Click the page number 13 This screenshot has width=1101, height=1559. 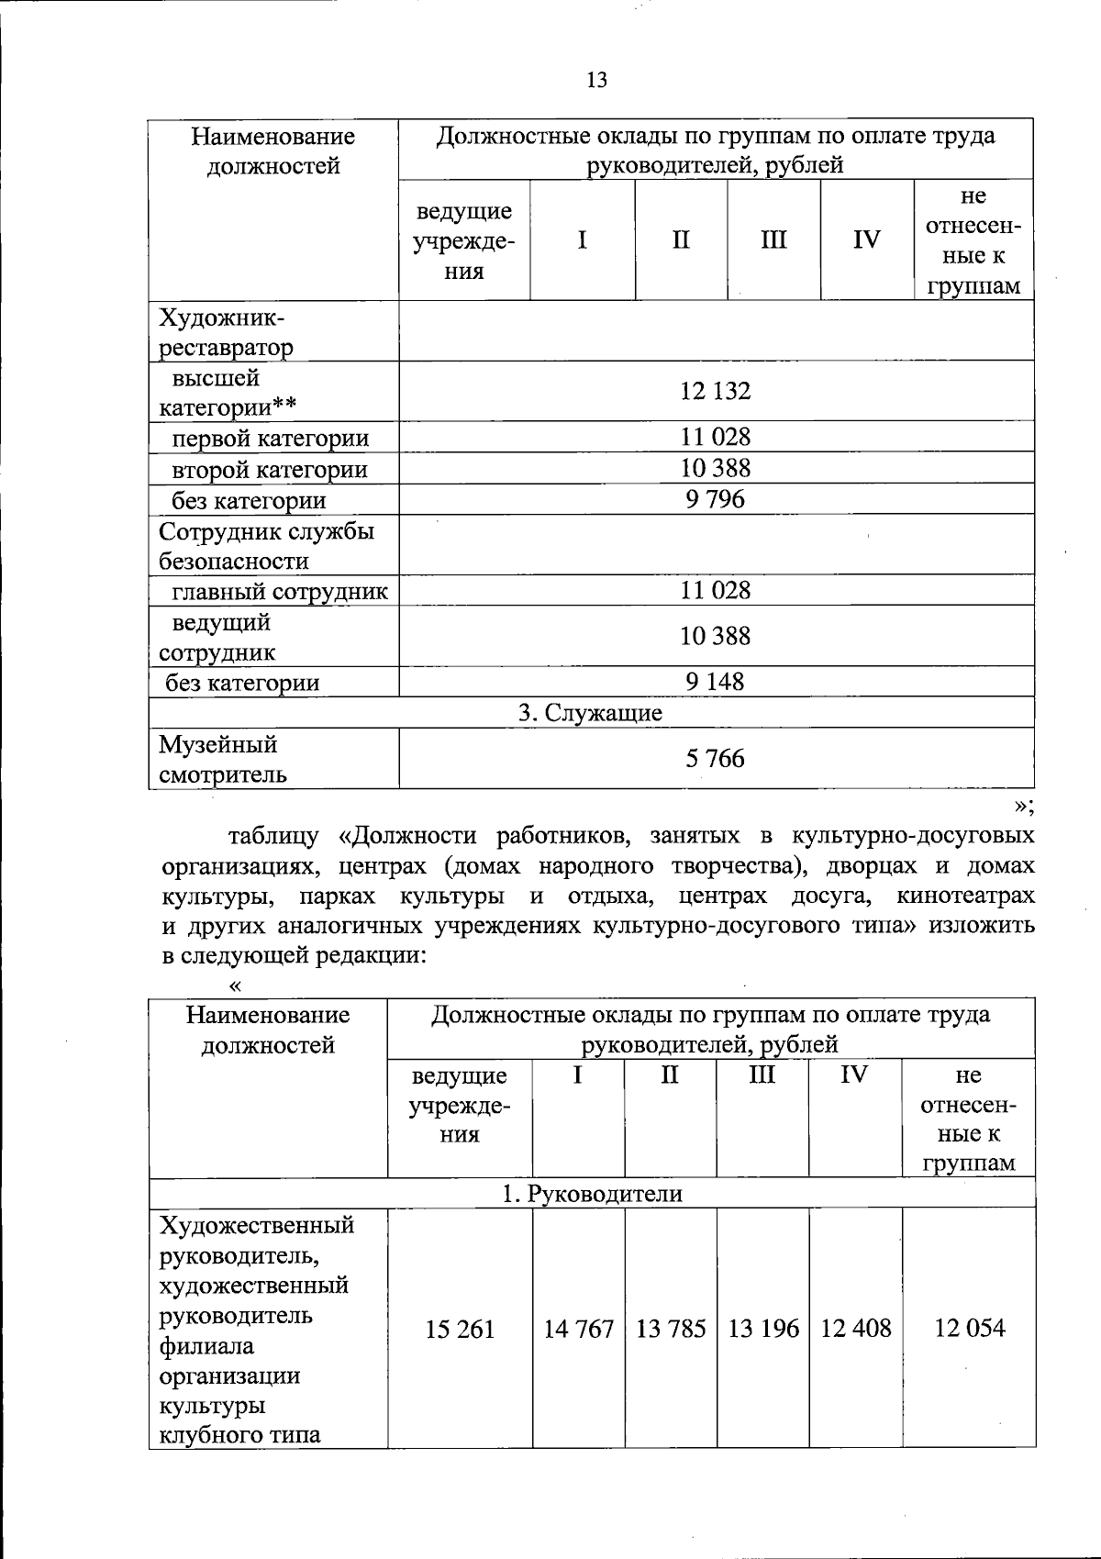tap(596, 81)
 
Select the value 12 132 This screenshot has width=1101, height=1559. tap(716, 392)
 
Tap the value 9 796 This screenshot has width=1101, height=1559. tap(716, 499)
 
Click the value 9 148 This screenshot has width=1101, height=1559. tap(716, 682)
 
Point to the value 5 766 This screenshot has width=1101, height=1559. tap(716, 759)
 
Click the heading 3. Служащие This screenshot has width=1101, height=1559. tap(591, 713)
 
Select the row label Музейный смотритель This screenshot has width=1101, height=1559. tap(223, 759)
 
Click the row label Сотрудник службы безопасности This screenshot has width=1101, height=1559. tap(266, 546)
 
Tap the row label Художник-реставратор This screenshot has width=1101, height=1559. tap(227, 333)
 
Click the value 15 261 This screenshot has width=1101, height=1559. tap(460, 1329)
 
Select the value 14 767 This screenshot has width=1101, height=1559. tap(578, 1329)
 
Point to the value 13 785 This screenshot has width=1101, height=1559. tap(671, 1329)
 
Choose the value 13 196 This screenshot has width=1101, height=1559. tap(763, 1329)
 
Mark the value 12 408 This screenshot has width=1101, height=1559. tap(856, 1329)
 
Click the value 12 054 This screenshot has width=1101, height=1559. tap(969, 1329)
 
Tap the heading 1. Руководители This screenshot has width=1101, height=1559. tap(592, 1194)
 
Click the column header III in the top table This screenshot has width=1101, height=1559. tap(773, 240)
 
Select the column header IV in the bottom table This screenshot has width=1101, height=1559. tap(854, 1075)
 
